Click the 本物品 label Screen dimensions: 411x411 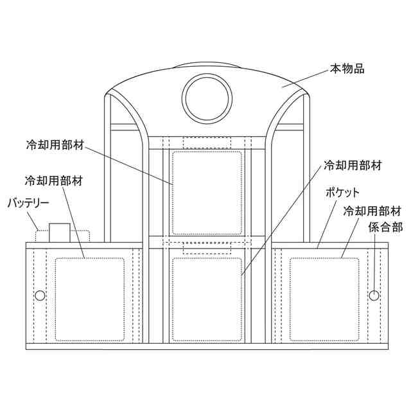tap(347, 69)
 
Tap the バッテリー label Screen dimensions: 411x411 tap(28, 204)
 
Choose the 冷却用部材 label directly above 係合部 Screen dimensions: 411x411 tap(373, 211)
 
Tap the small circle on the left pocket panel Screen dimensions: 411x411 tap(40, 295)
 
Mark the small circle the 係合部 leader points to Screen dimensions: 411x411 tap(374, 295)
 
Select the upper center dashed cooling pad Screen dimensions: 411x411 tap(205, 193)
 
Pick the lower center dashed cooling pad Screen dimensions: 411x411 tap(205, 297)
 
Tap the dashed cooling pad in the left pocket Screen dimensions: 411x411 tap(89, 299)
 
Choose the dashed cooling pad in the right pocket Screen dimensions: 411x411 tap(324, 299)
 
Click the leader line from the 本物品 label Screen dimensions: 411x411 tap(305, 78)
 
